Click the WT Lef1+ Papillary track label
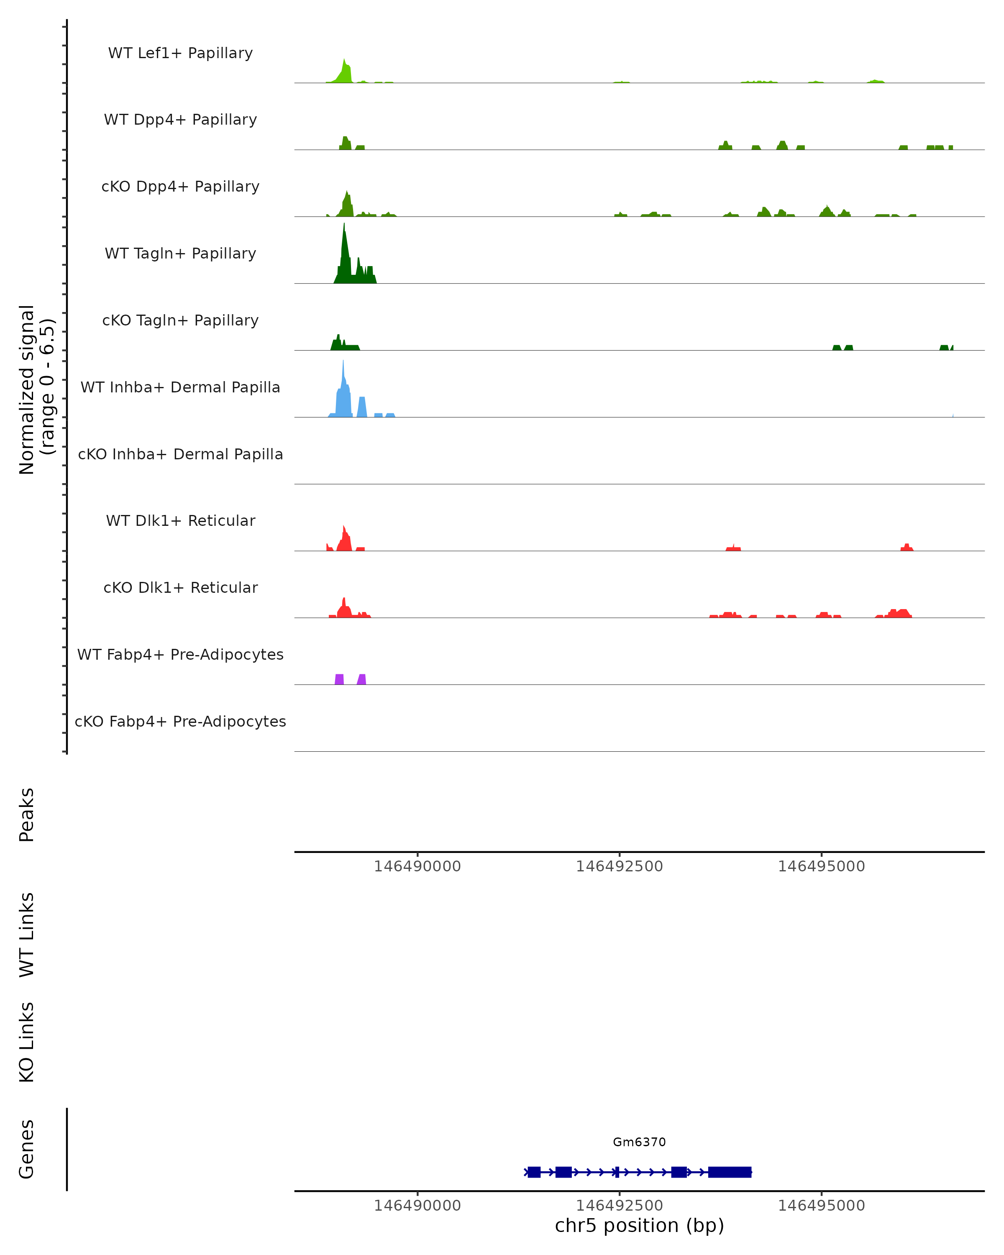[x=180, y=53]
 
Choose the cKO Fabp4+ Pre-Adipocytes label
[x=180, y=721]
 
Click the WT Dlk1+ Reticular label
[x=180, y=520]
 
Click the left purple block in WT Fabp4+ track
[x=339, y=679]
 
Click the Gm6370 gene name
[x=639, y=1142]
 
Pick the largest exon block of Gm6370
[x=729, y=1172]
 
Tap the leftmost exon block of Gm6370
[x=534, y=1172]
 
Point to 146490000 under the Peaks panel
[x=417, y=866]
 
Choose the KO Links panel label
[x=27, y=1042]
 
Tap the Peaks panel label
[x=27, y=815]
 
